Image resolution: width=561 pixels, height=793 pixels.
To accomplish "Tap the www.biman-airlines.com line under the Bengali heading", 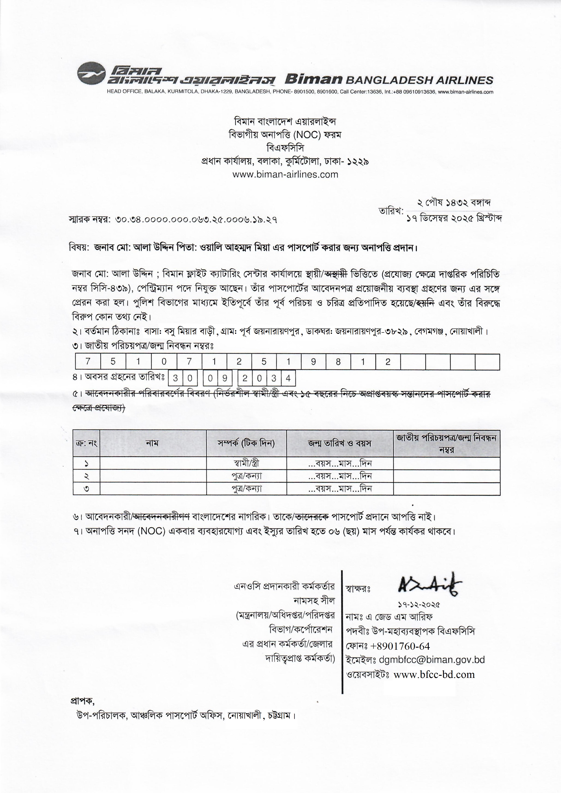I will tap(285, 174).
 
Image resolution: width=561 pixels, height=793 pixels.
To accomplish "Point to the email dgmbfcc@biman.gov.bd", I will tap(432, 660).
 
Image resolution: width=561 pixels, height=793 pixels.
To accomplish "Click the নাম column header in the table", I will tap(152, 443).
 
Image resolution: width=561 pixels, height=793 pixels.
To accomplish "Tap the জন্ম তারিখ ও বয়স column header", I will tap(339, 443).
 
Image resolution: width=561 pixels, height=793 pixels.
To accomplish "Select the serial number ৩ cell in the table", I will tap(86, 489).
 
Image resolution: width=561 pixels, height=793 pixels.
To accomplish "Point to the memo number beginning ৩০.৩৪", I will tap(197, 220).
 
